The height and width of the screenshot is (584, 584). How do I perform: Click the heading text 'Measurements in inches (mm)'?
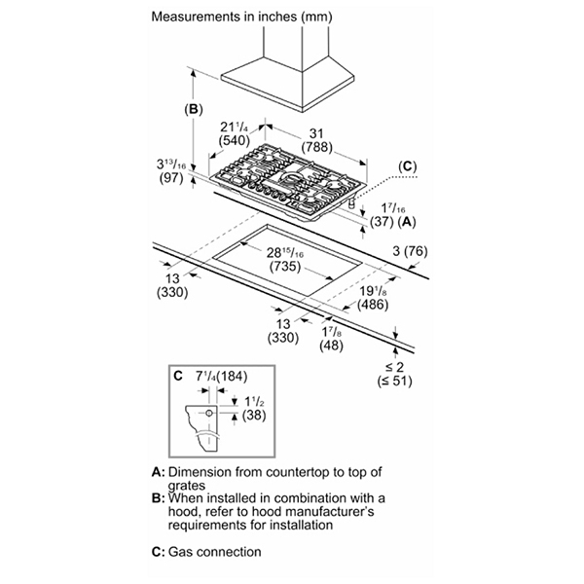(x=241, y=17)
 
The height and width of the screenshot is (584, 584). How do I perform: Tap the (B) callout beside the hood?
(x=194, y=109)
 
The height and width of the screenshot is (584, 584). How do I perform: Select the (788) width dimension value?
(x=316, y=147)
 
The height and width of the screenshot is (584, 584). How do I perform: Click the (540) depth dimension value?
(x=234, y=140)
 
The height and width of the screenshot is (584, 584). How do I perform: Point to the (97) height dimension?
(x=171, y=178)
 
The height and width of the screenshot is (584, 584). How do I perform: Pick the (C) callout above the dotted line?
(x=408, y=166)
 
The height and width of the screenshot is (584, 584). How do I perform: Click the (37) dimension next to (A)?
(x=382, y=222)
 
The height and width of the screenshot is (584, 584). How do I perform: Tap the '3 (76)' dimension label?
(x=410, y=251)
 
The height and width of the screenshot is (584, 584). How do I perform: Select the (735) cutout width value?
(x=285, y=267)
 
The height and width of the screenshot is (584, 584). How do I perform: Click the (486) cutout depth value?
(x=373, y=305)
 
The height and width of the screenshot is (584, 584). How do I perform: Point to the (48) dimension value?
(x=332, y=346)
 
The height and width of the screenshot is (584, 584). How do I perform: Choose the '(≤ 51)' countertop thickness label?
(x=395, y=381)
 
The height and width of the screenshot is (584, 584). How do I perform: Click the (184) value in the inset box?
(x=232, y=376)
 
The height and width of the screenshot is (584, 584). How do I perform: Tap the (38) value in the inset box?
(x=254, y=415)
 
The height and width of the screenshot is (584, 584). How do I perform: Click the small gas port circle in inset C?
(x=209, y=413)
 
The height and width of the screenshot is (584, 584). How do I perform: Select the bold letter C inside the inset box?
(x=178, y=376)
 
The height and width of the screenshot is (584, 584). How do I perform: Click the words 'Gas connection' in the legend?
(x=214, y=552)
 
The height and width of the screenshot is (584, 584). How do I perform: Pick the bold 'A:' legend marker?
(x=158, y=472)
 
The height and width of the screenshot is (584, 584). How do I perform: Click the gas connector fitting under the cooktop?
(x=350, y=203)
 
